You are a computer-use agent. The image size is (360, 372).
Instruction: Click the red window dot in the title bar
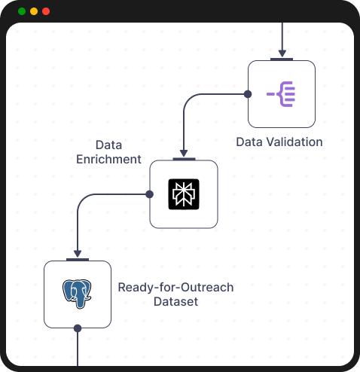(x=46, y=11)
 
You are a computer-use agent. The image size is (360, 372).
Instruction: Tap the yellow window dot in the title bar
(x=34, y=11)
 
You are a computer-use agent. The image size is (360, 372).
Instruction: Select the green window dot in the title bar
(x=22, y=11)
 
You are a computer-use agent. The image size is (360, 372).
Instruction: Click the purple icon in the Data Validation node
(x=282, y=94)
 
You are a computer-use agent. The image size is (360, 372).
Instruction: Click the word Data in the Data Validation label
(x=249, y=142)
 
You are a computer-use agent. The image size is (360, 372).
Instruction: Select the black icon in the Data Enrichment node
(x=184, y=194)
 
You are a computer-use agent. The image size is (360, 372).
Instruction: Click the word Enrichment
(x=109, y=159)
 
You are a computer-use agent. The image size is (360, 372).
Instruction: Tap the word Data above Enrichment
(x=109, y=144)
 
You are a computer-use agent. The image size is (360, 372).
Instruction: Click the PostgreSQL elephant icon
(x=77, y=294)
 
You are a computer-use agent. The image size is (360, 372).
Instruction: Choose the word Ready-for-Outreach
(x=176, y=287)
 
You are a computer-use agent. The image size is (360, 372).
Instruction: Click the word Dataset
(x=175, y=302)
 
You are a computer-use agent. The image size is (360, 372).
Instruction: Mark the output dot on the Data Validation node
(x=247, y=94)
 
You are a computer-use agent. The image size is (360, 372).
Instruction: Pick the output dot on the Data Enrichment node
(x=149, y=194)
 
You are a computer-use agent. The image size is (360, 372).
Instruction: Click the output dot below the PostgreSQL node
(x=78, y=328)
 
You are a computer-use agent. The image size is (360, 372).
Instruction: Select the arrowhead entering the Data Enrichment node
(x=184, y=154)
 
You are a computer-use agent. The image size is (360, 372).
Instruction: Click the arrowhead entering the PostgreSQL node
(x=78, y=255)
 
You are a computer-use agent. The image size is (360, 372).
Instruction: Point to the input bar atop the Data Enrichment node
(x=184, y=159)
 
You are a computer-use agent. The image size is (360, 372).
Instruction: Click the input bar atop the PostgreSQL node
(x=78, y=260)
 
